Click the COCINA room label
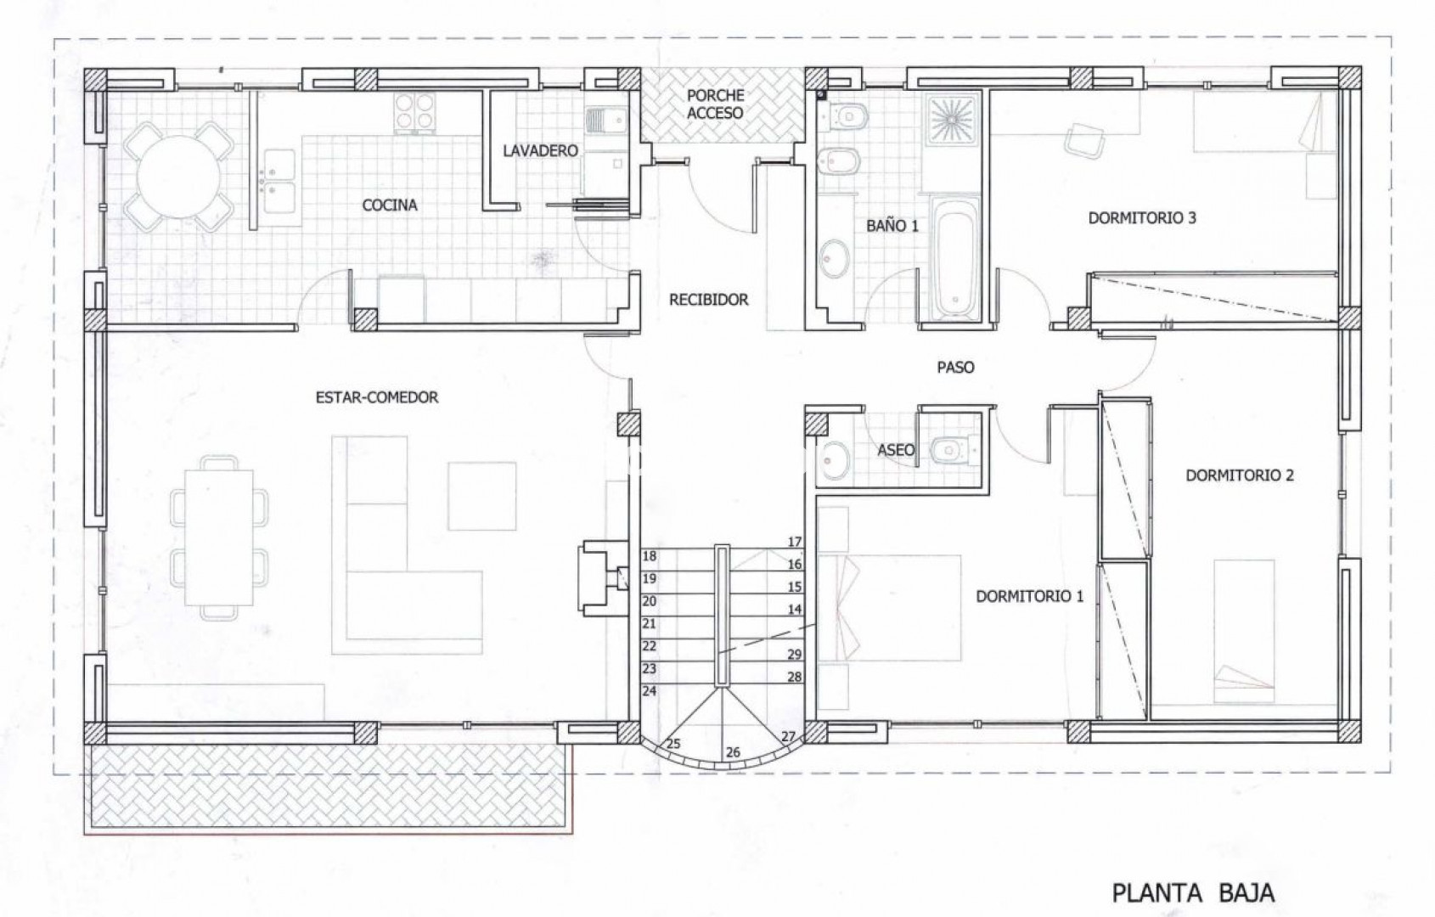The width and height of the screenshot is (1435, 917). pyautogui.click(x=390, y=205)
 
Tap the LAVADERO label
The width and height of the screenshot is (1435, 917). pyautogui.click(x=540, y=150)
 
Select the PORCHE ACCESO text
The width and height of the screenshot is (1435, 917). pyautogui.click(x=715, y=104)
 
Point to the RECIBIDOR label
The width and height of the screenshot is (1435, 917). pyautogui.click(x=708, y=299)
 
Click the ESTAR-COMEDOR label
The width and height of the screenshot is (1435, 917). pyautogui.click(x=377, y=397)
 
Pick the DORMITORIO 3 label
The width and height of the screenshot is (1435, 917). pyautogui.click(x=1142, y=218)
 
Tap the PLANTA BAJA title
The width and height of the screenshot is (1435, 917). pyautogui.click(x=1193, y=893)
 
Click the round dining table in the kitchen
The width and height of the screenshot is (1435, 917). pyautogui.click(x=178, y=177)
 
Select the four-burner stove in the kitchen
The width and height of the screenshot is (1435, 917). pyautogui.click(x=414, y=113)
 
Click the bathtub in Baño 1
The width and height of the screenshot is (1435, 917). pyautogui.click(x=954, y=257)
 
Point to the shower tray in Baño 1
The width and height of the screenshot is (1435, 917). pyautogui.click(x=952, y=118)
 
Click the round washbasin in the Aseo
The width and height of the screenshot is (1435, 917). pyautogui.click(x=835, y=458)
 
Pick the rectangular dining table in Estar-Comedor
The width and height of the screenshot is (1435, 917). pyautogui.click(x=219, y=537)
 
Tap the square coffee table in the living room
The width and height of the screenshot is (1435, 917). pyautogui.click(x=481, y=496)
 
